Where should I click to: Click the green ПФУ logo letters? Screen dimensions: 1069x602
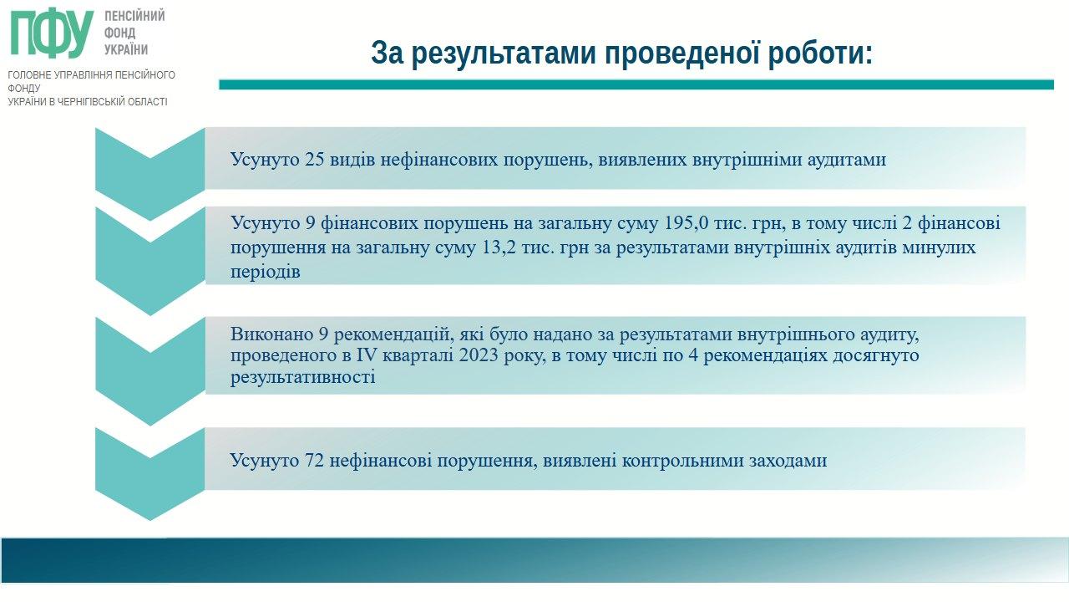pos(52,33)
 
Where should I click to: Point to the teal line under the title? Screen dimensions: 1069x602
pos(636,84)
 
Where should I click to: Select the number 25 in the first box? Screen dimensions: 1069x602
pos(315,159)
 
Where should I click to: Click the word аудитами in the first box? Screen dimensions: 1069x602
pos(847,160)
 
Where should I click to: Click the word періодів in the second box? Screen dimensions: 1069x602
pos(266,273)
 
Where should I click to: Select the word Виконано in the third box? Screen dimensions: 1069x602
pos(271,334)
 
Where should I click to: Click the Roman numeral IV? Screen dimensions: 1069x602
pos(367,355)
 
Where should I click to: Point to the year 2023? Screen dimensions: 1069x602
pos(479,355)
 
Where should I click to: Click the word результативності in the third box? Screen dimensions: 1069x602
pos(302,377)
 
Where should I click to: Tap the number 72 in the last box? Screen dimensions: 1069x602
pos(314,460)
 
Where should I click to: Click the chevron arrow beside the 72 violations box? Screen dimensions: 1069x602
pos(149,474)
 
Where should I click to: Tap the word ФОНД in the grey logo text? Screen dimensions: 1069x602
pos(119,33)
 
